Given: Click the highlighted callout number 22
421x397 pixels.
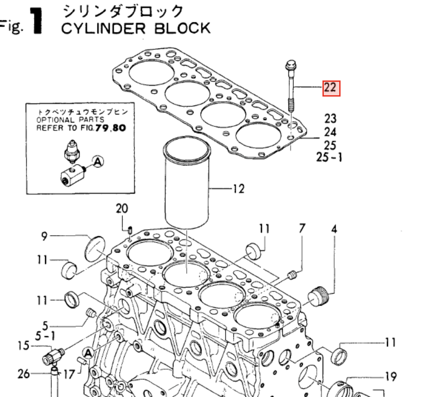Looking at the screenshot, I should coord(331,88).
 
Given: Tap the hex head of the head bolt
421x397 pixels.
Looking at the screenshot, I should coord(291,64).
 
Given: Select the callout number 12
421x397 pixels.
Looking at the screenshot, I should coord(238,189).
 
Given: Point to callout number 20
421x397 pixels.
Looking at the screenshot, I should coord(122,209).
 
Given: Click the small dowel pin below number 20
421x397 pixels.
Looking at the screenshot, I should coord(130,230).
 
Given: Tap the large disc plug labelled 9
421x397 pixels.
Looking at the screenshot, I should coord(96,247).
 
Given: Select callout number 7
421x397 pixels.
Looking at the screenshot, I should coord(302,229).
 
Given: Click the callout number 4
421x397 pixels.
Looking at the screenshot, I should coord(334,229).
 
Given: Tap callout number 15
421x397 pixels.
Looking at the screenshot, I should coord(23,345).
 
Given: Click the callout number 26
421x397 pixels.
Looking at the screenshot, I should coord(23,374).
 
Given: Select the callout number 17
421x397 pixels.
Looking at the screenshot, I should coord(69,374).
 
